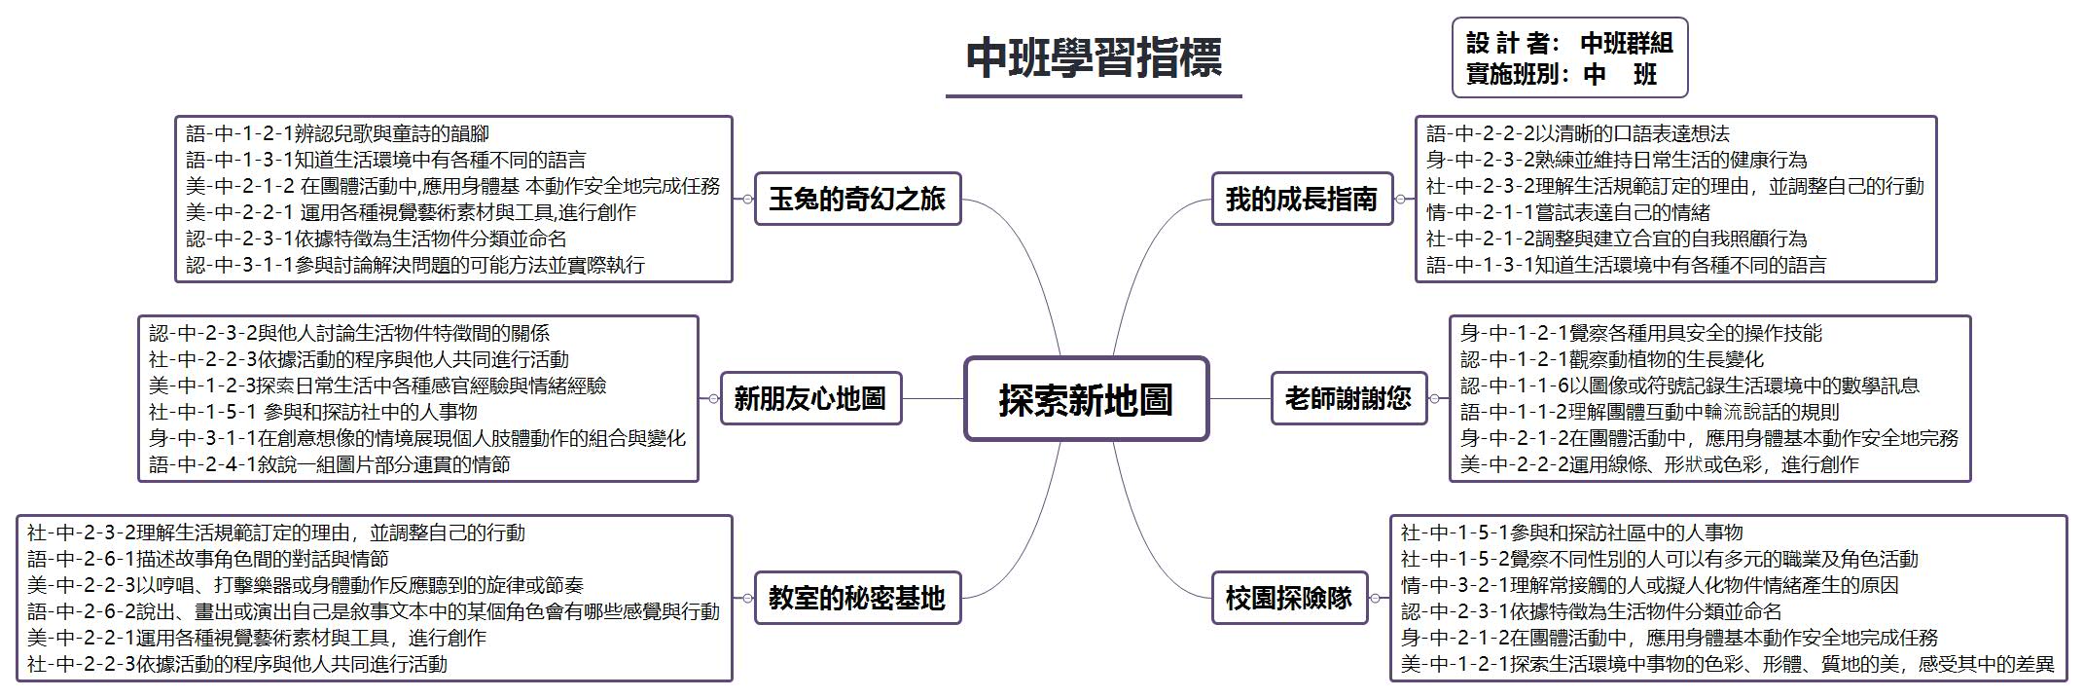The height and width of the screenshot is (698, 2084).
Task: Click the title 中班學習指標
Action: [1094, 58]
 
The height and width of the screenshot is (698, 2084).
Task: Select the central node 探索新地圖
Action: [1086, 399]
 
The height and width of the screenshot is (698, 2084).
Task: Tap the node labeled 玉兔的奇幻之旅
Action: [857, 199]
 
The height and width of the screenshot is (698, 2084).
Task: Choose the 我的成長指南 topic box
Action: [1302, 199]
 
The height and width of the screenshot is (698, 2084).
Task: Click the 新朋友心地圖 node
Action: [810, 398]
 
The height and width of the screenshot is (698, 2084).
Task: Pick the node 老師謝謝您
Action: [1348, 398]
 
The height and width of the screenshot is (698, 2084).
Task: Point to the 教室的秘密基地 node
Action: [857, 598]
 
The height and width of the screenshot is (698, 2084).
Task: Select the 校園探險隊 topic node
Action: [1289, 598]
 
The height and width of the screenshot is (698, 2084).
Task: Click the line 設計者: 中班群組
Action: [1569, 43]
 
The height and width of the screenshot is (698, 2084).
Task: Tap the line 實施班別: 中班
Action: [1562, 74]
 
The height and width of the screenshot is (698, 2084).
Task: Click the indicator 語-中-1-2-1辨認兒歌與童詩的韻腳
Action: [338, 133]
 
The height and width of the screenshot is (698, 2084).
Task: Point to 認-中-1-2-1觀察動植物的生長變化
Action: [1612, 359]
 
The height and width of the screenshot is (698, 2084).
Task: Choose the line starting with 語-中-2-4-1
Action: [330, 464]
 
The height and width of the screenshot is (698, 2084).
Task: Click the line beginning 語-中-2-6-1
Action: [208, 559]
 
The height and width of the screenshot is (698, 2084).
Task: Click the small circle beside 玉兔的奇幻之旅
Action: [746, 199]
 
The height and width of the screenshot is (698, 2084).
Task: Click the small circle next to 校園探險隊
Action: [1377, 598]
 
